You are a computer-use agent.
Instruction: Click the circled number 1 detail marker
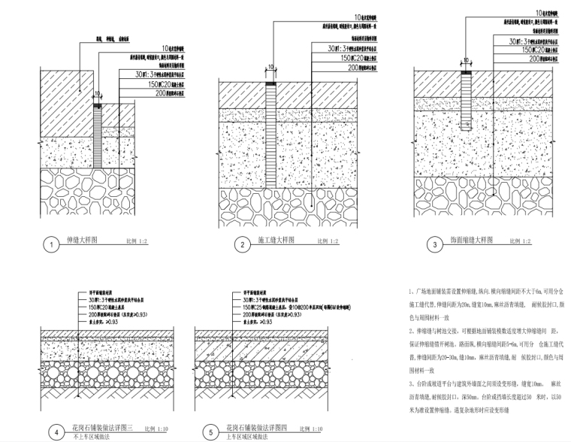51,245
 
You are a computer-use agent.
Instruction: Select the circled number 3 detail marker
431,244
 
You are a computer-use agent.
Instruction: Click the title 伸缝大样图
85,241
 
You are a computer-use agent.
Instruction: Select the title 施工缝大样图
278,241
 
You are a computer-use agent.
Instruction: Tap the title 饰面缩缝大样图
472,241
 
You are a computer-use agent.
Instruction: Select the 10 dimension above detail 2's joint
270,65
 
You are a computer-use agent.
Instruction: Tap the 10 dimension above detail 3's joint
461,65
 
